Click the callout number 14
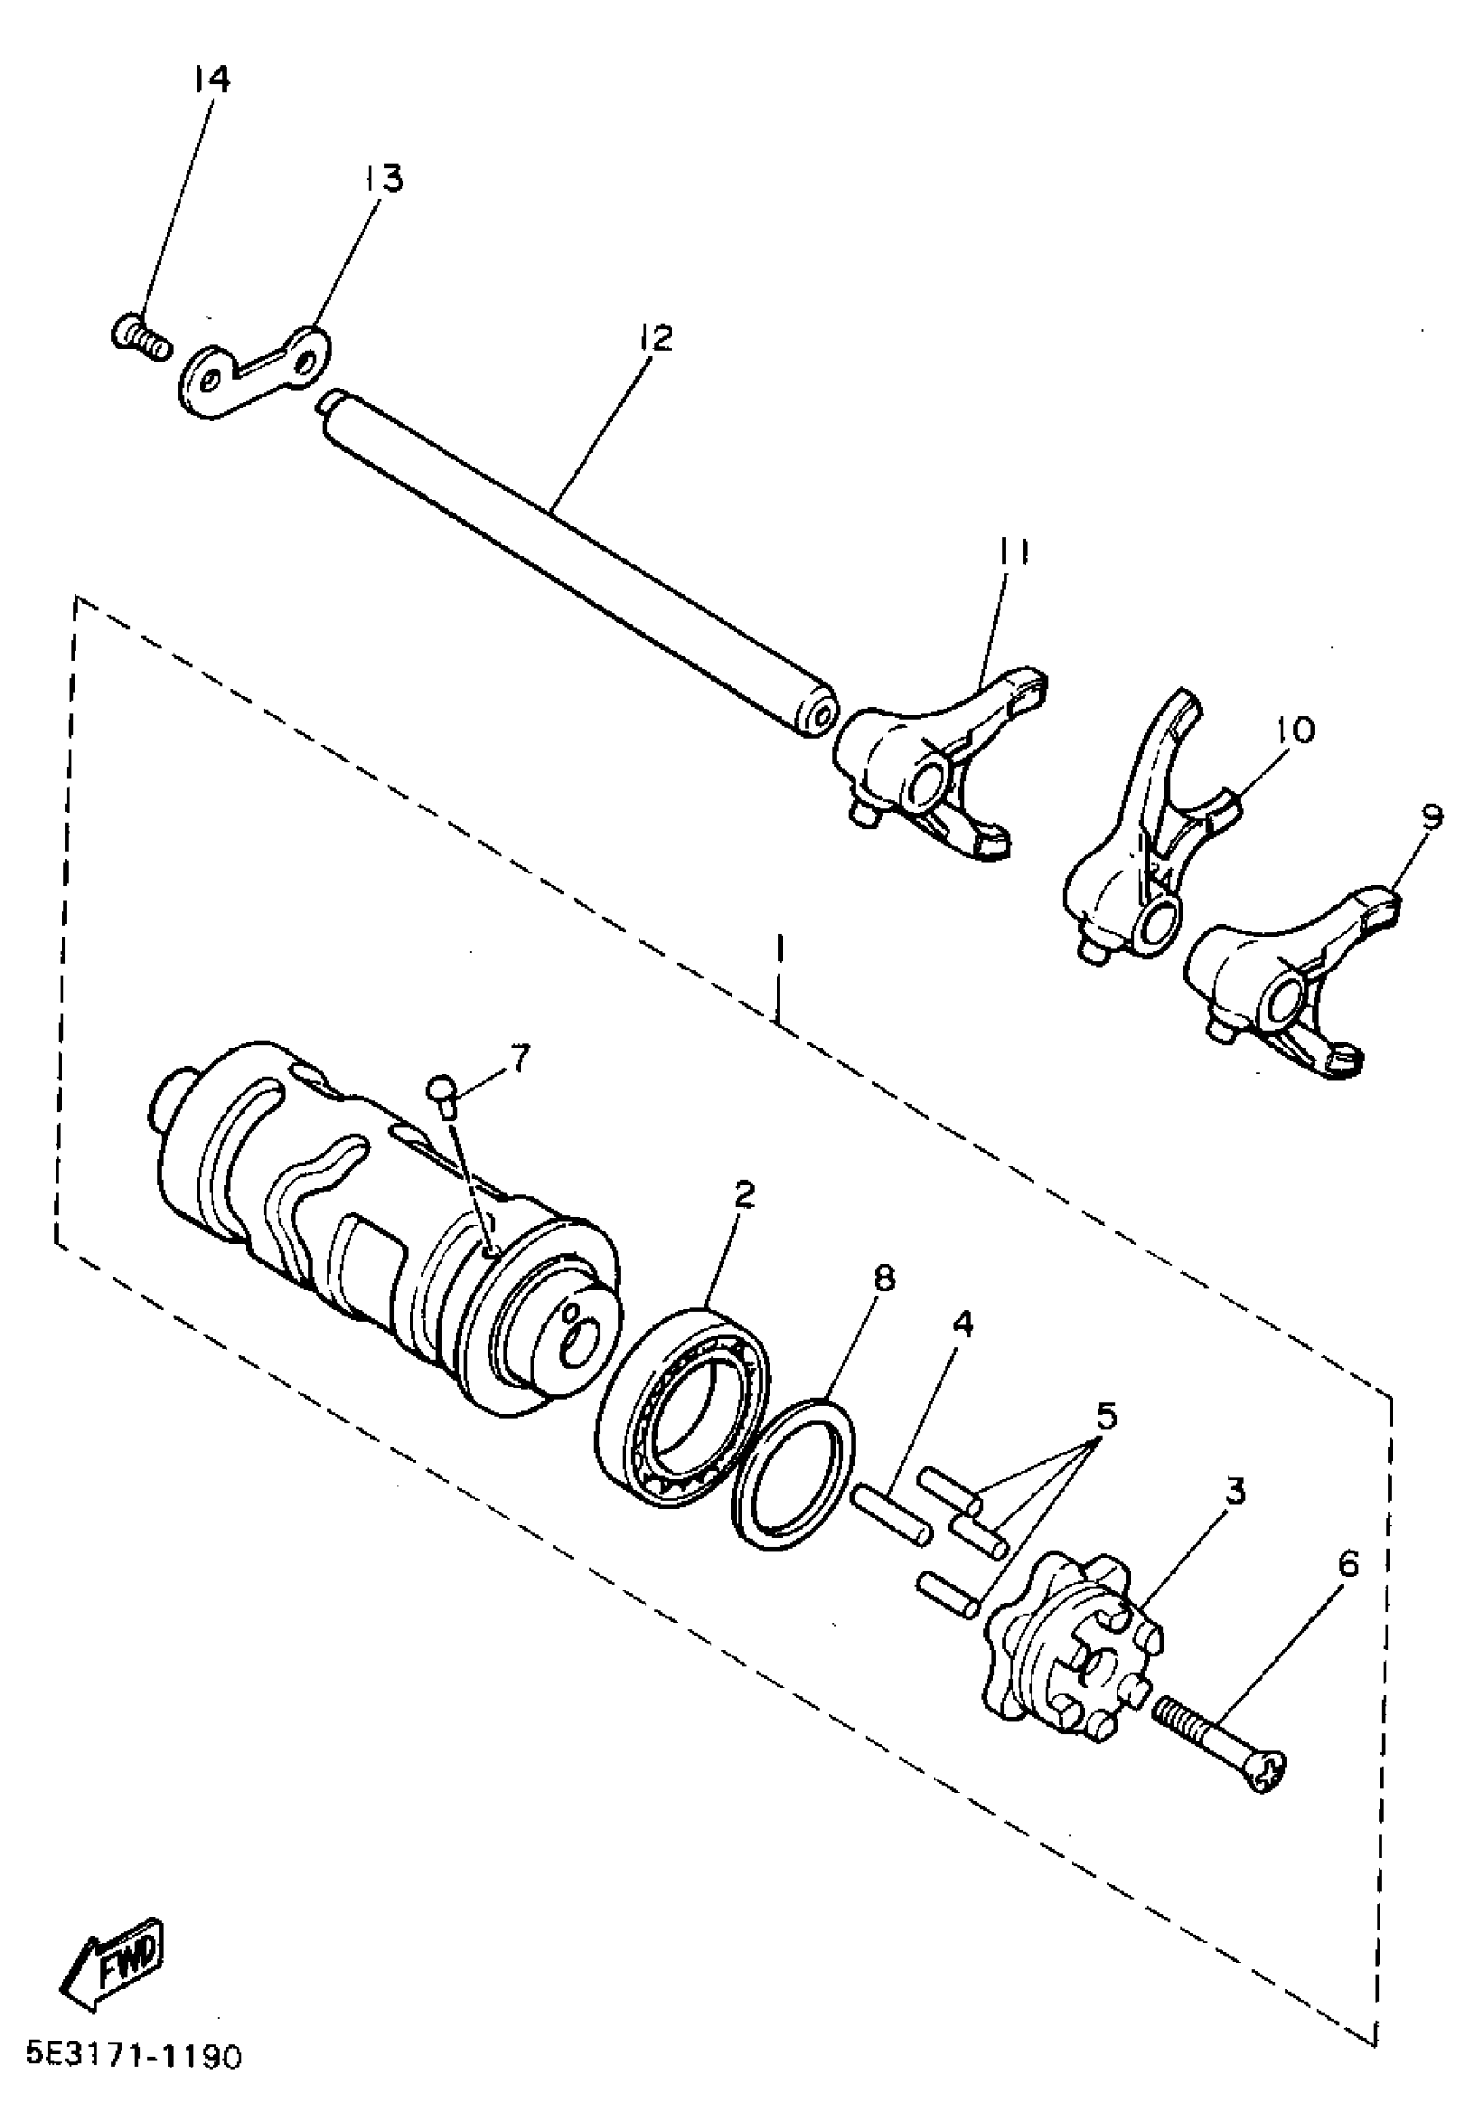pos(212,80)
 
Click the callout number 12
pos(655,338)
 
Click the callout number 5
pos(1107,1416)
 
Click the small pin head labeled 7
pos(443,1092)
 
